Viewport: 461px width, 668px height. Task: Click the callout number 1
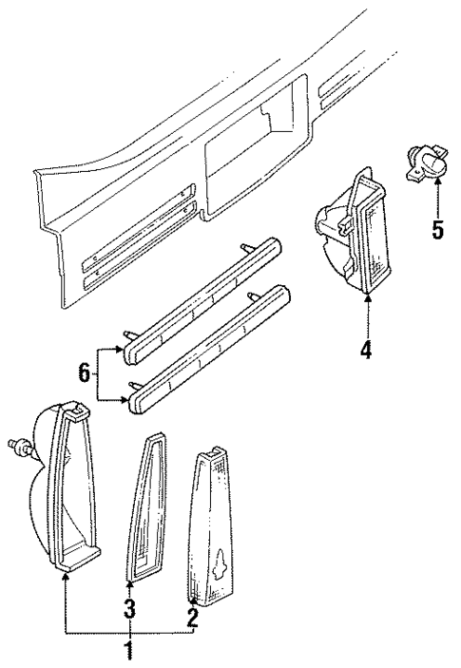(130, 651)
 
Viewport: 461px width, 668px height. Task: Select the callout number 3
(130, 606)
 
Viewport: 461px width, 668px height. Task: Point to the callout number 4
(365, 350)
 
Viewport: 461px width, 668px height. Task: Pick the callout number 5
(436, 230)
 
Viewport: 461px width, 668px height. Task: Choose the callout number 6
(84, 375)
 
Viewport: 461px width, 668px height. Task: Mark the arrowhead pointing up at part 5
(436, 185)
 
